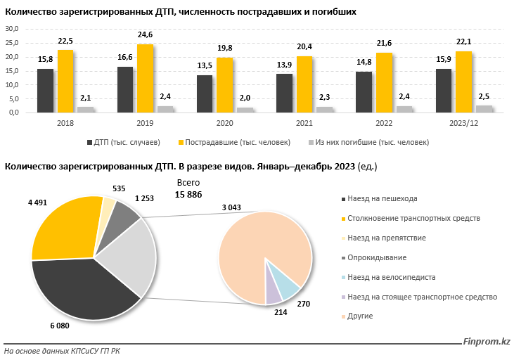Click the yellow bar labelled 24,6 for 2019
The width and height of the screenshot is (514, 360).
[x=145, y=78]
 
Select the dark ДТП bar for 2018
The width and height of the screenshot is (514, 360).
[x=45, y=90]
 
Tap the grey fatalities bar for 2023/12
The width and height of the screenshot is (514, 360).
[x=484, y=109]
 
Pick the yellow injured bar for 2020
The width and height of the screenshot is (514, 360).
[x=224, y=84]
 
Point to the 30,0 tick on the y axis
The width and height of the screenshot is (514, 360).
[x=12, y=29]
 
